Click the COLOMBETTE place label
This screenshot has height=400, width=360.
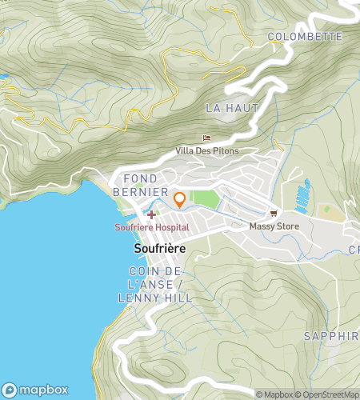(x=305, y=37)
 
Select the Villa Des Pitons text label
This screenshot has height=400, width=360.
(x=207, y=150)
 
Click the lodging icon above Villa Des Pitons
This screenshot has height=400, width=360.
(x=207, y=138)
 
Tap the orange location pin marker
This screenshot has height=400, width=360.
(x=180, y=199)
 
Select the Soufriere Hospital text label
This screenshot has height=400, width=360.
(x=151, y=227)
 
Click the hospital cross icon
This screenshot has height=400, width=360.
(x=151, y=214)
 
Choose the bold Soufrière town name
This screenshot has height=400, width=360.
(x=159, y=250)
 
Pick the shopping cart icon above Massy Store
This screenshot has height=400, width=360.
(x=274, y=214)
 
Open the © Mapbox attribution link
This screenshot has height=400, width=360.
(x=274, y=394)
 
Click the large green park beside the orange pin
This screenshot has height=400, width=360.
(x=206, y=199)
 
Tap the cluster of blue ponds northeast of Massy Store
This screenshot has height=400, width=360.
(x=302, y=194)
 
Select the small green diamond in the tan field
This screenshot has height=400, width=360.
(x=325, y=210)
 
